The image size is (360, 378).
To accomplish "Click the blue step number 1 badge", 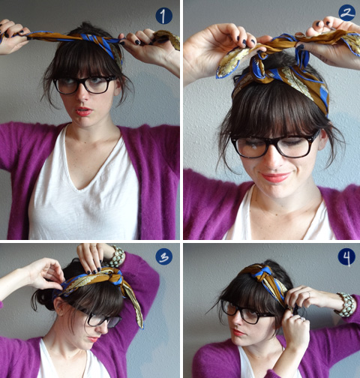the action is [x=163, y=16].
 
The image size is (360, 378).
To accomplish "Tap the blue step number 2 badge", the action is [x=347, y=13].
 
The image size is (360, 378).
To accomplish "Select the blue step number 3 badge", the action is [x=164, y=256].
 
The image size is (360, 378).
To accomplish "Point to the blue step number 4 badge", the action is [x=346, y=257].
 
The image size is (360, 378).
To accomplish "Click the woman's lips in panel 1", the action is [x=83, y=112].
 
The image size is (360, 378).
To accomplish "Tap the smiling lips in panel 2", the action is [x=275, y=177].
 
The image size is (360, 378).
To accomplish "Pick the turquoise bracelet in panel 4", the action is [x=346, y=305].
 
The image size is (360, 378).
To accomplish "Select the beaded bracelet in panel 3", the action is [x=116, y=257].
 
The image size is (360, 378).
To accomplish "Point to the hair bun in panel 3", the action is [x=42, y=299].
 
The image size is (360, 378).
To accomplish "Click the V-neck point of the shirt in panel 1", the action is [x=80, y=188].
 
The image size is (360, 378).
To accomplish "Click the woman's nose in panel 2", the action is [x=273, y=160].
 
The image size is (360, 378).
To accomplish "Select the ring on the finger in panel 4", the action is [x=309, y=294].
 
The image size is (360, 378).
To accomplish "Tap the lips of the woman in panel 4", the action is [x=238, y=332].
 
